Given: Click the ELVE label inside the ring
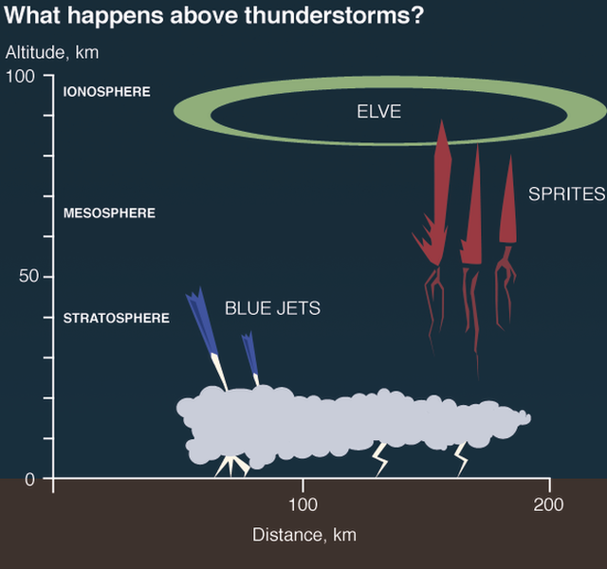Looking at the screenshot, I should coord(378,112).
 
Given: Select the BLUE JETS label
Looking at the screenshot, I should coord(272,308).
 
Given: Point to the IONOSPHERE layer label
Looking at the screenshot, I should coord(106,92).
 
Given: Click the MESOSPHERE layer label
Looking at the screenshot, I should coord(109,213).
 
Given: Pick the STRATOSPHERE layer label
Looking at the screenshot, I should coord(116,319).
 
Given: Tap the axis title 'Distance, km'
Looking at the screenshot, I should coord(303,535).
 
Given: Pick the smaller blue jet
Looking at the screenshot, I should coord(250,355).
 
